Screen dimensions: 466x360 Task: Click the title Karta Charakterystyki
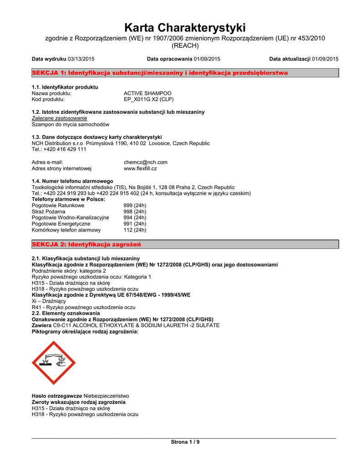tap(185, 27)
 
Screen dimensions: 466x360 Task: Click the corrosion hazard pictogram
tap(54, 363)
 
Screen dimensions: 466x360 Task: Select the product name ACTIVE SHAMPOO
tap(147, 93)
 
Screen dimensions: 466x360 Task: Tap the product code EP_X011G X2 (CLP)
tap(148, 99)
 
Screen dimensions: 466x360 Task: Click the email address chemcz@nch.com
tap(146, 162)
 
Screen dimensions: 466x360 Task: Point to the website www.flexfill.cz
tap(140, 168)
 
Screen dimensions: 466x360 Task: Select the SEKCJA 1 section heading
tap(159, 73)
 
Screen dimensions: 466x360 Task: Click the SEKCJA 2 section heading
tap(86, 244)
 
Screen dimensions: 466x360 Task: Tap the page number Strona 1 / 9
tap(185, 442)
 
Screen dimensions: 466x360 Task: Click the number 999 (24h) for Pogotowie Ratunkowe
tap(135, 206)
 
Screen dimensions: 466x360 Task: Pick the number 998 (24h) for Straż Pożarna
tap(135, 212)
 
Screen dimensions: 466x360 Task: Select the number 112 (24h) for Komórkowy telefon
tap(135, 230)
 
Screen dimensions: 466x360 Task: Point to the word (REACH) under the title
tap(185, 46)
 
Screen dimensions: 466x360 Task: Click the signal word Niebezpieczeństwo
tap(106, 396)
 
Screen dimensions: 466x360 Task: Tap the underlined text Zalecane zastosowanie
tap(59, 118)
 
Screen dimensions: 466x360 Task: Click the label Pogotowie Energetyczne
tap(61, 224)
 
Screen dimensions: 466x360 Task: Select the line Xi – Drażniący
tap(49, 301)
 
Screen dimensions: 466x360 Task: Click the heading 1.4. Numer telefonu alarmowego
tap(72, 181)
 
